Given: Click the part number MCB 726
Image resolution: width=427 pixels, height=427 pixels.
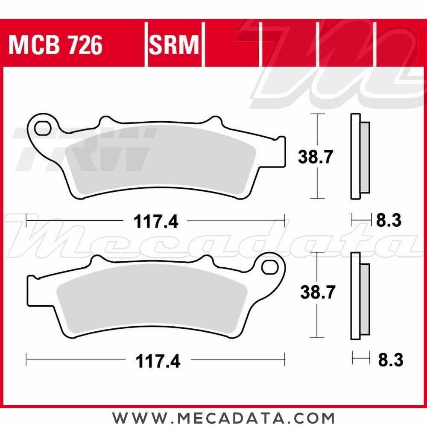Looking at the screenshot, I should click(x=56, y=45).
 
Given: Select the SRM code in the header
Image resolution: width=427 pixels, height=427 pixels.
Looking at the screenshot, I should click(x=174, y=45).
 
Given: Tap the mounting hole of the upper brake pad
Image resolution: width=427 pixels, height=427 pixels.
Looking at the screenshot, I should click(x=43, y=127).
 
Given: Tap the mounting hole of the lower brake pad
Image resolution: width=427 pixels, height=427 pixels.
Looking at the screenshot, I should click(x=270, y=267).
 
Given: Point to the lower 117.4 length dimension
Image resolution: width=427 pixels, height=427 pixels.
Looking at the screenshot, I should click(x=158, y=362).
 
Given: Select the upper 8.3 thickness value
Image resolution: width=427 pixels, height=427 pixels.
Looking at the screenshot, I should click(x=389, y=221).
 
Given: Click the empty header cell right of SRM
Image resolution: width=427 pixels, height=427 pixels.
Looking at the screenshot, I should click(x=233, y=45).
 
